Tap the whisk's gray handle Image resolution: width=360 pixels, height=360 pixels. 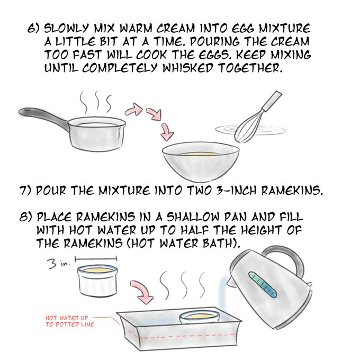point(272,101)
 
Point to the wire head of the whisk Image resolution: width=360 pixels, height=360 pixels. point(249,127)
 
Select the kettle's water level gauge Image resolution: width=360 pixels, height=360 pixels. point(263,285)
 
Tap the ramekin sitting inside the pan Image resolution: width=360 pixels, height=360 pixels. point(200,318)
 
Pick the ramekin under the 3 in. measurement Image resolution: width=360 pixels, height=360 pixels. point(97,281)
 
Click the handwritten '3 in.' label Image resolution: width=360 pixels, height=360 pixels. point(58,263)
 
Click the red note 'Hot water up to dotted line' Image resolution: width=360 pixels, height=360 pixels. point(69,321)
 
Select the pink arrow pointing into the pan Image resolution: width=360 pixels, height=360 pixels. point(142,291)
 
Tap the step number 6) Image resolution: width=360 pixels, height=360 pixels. point(33,29)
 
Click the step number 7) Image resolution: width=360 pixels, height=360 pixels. point(25,191)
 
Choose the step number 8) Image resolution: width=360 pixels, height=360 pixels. point(25,217)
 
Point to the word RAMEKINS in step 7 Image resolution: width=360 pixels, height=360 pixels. point(292,191)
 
